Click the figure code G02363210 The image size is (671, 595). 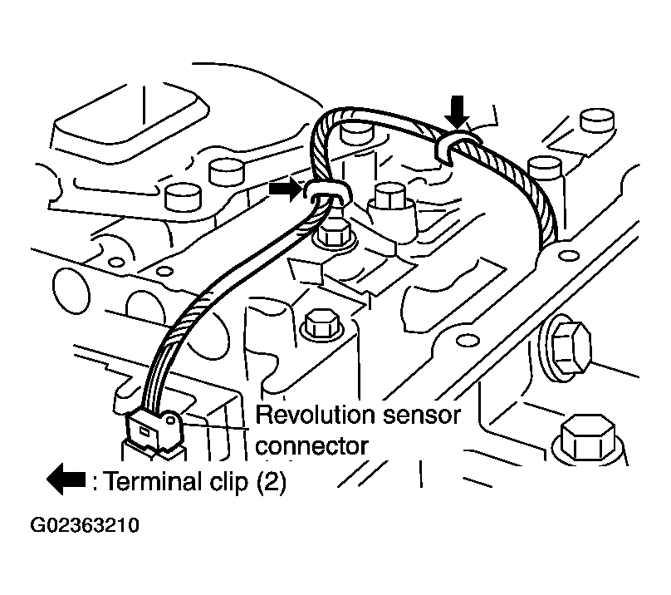click(x=85, y=527)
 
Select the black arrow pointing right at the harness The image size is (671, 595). click(x=285, y=189)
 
